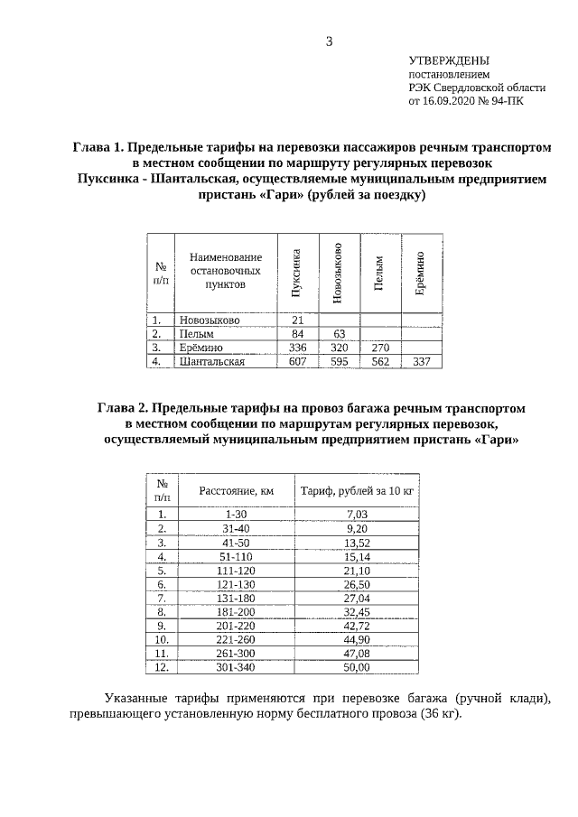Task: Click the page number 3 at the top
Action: pyautogui.click(x=330, y=41)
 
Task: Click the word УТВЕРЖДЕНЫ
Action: pyautogui.click(x=450, y=59)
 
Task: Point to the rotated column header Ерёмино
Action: pyautogui.click(x=420, y=274)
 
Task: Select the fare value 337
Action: pyautogui.click(x=421, y=361)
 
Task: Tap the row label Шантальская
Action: pyautogui.click(x=212, y=361)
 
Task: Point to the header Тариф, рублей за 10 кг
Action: pyautogui.click(x=358, y=491)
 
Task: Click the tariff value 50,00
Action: pyautogui.click(x=358, y=667)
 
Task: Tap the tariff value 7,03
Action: pyautogui.click(x=358, y=514)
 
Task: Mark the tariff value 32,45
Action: pyautogui.click(x=358, y=611)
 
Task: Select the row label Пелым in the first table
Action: pyautogui.click(x=195, y=334)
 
